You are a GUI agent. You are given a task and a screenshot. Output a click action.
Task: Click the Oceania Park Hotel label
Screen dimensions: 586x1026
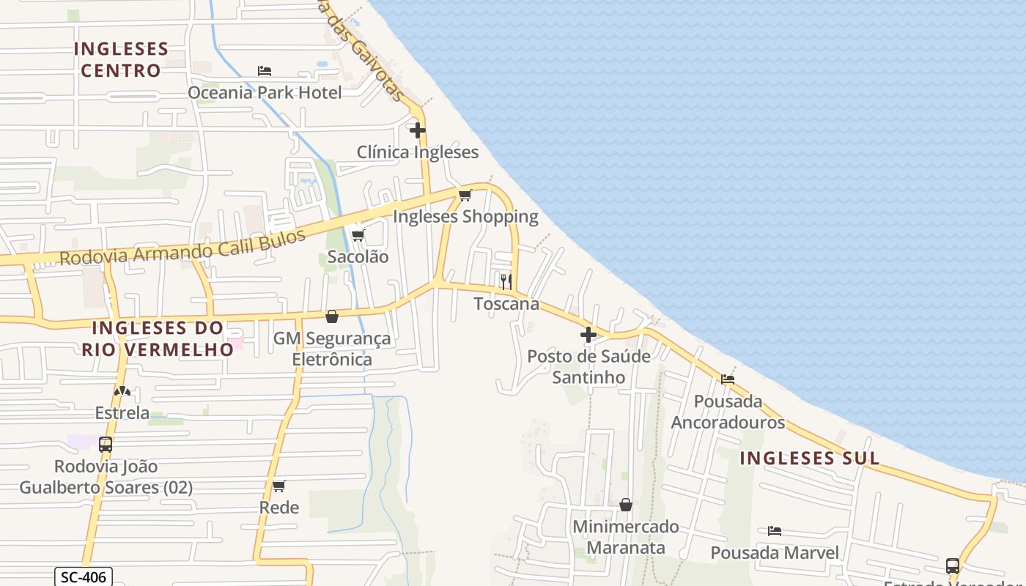pyautogui.click(x=265, y=92)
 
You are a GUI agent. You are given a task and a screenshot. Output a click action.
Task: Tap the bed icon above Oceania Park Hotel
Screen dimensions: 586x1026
pyautogui.click(x=265, y=71)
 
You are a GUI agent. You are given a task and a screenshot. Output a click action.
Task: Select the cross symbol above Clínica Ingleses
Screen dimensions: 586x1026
pyautogui.click(x=418, y=131)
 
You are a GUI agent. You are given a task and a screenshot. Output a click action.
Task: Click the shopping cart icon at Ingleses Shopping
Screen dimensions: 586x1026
pyautogui.click(x=465, y=196)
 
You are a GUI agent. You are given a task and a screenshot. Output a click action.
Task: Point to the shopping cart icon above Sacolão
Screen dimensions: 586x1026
pyautogui.click(x=358, y=236)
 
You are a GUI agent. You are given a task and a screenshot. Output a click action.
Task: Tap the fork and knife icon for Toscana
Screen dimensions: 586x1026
pyautogui.click(x=506, y=282)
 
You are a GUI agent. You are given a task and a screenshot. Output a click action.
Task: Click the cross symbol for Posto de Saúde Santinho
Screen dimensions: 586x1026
pyautogui.click(x=588, y=335)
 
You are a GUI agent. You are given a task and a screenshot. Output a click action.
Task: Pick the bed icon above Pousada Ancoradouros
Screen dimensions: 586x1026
pyautogui.click(x=727, y=379)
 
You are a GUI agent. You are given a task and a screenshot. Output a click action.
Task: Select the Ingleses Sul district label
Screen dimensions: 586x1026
pyautogui.click(x=809, y=459)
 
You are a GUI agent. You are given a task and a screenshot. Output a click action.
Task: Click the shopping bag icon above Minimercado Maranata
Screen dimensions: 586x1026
pyautogui.click(x=626, y=505)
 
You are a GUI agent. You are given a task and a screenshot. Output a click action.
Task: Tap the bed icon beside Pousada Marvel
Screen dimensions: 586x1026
pyautogui.click(x=774, y=531)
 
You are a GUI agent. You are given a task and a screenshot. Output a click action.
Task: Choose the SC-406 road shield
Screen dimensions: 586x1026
pyautogui.click(x=84, y=577)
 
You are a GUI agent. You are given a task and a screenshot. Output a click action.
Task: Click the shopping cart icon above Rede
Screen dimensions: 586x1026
pyautogui.click(x=278, y=486)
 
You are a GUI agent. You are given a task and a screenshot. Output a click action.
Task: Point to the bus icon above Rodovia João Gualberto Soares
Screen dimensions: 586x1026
pyautogui.click(x=106, y=445)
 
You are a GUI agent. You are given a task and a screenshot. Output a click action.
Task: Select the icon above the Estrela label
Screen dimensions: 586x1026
pyautogui.click(x=122, y=392)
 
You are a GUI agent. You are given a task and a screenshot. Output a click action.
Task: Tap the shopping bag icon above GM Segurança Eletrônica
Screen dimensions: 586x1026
pyautogui.click(x=332, y=316)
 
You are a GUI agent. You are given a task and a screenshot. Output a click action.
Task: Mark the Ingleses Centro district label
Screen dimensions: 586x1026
pyautogui.click(x=121, y=59)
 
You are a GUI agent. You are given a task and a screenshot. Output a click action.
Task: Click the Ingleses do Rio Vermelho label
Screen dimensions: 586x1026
pyautogui.click(x=157, y=338)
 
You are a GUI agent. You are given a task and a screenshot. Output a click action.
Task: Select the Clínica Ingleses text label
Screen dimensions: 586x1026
pyautogui.click(x=418, y=152)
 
